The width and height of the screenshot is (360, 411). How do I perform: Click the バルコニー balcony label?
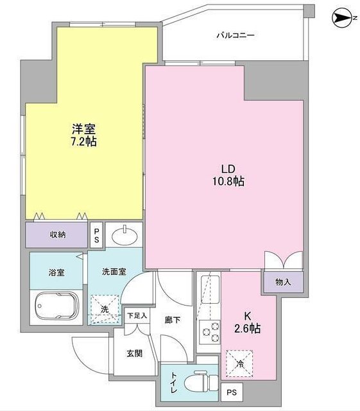[234, 35]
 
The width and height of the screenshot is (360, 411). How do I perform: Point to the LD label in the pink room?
[228, 168]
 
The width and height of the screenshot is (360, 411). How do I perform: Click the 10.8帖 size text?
[228, 182]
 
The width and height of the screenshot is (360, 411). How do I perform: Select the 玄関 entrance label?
[134, 353]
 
